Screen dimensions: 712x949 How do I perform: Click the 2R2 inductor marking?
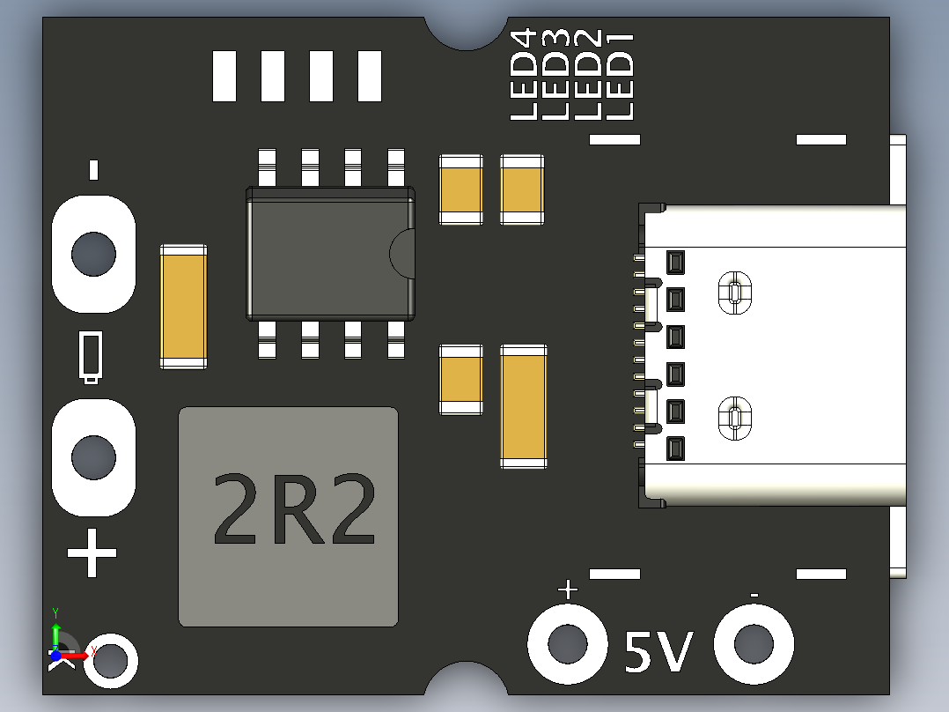tap(294, 509)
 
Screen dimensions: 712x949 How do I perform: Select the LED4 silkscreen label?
tap(524, 75)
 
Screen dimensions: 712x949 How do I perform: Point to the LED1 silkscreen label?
tap(622, 75)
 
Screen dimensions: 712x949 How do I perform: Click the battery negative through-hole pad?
tap(93, 254)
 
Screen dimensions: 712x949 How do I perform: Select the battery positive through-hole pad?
tap(93, 456)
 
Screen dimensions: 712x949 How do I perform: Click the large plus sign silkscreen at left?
tap(92, 553)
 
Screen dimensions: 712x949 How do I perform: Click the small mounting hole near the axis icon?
tap(112, 659)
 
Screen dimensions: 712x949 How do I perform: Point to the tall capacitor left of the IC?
tap(183, 306)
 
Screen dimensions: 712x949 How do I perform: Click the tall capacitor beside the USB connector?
tap(523, 406)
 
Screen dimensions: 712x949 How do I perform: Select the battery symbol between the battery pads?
tap(91, 357)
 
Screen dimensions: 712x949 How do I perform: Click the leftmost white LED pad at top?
tap(225, 76)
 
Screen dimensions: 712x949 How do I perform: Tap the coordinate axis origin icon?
tap(56, 655)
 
